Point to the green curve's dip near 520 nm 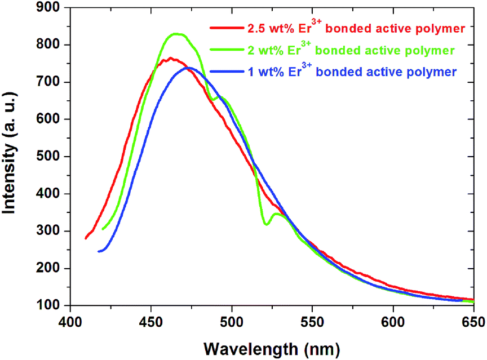click(x=265, y=224)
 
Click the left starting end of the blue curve click(x=99, y=251)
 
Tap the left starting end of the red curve click(x=86, y=238)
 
